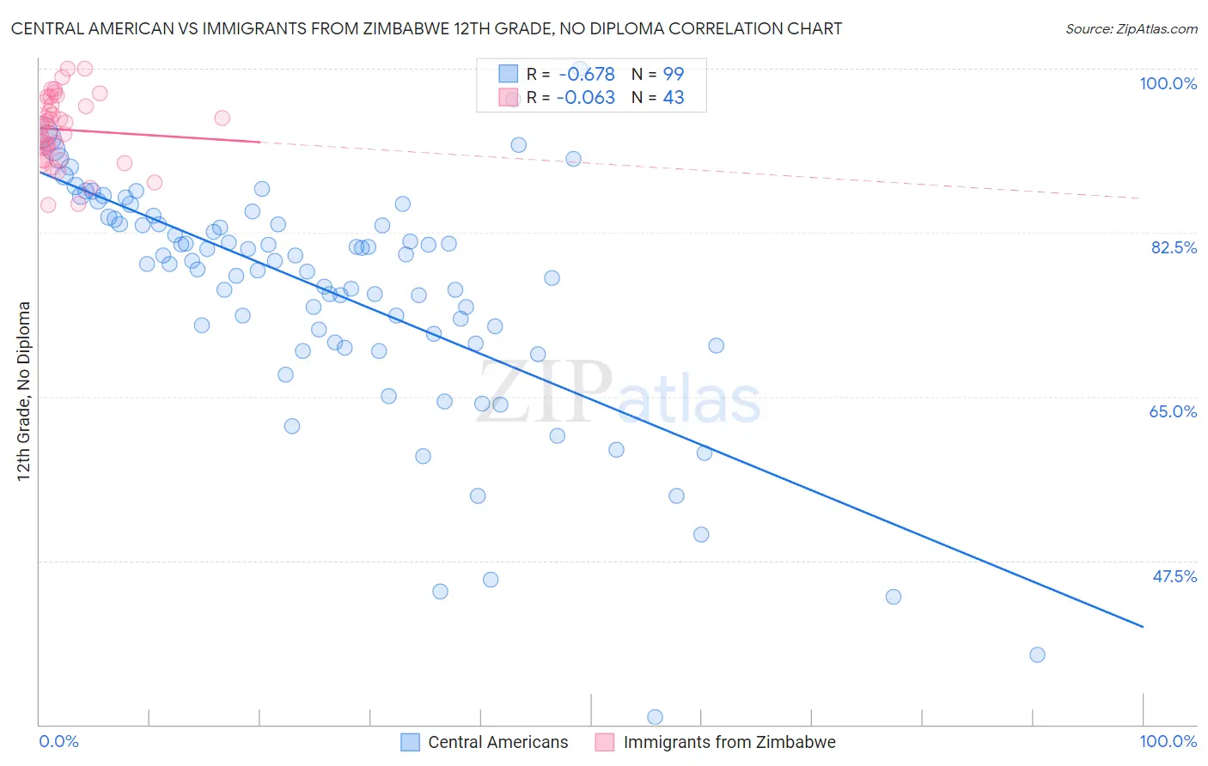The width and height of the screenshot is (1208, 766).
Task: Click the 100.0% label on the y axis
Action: click(1168, 83)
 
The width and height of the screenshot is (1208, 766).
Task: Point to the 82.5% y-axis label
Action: click(1174, 247)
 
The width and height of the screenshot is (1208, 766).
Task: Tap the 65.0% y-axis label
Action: click(1173, 411)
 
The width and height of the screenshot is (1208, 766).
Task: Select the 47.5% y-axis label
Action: click(1174, 576)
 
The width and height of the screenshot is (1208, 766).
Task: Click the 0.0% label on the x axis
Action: click(58, 741)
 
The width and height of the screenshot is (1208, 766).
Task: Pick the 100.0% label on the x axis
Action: click(1168, 741)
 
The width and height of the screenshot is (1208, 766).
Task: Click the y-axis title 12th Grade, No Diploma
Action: click(24, 391)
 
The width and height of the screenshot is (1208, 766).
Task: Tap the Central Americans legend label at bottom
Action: click(497, 742)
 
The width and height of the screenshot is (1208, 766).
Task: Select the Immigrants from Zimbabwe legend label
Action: click(729, 742)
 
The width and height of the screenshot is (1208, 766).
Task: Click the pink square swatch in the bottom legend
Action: click(605, 742)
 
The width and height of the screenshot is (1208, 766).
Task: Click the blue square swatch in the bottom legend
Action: click(410, 742)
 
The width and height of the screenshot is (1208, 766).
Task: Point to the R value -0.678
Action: click(587, 75)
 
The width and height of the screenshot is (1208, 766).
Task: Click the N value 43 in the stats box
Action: click(674, 98)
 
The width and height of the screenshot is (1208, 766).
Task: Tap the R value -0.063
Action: click(586, 98)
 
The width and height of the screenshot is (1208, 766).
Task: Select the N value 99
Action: click(674, 75)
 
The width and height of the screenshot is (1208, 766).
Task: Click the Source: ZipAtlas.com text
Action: click(1131, 28)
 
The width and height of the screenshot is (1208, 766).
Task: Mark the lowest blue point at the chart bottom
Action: click(655, 717)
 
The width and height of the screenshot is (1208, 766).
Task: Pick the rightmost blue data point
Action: click(1037, 654)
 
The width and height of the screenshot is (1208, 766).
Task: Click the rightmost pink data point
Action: click(222, 119)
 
